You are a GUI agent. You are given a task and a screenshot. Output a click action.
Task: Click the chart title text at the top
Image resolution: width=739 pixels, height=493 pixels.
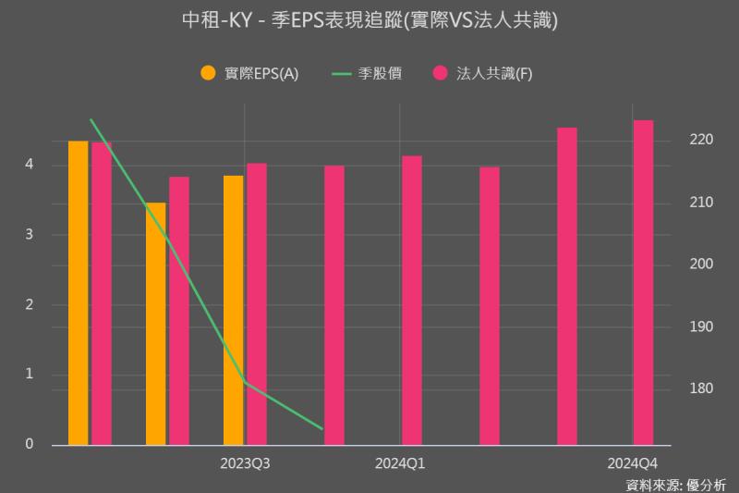(x=369, y=20)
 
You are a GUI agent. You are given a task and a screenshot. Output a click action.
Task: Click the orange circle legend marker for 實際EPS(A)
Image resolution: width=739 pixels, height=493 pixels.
(x=208, y=73)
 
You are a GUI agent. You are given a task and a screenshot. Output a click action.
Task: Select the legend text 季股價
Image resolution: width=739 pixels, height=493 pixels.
(x=380, y=73)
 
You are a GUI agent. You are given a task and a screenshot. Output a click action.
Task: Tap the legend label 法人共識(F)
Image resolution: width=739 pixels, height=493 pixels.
(x=494, y=73)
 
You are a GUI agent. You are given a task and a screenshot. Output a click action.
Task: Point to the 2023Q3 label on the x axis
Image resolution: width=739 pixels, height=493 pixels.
(x=245, y=462)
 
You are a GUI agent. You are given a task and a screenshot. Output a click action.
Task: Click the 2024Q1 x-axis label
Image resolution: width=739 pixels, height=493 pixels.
(x=399, y=462)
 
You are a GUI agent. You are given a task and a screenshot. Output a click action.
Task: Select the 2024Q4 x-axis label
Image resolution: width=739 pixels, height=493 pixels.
(x=633, y=462)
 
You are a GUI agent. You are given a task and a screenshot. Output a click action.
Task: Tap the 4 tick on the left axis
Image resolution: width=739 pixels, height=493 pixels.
(x=30, y=165)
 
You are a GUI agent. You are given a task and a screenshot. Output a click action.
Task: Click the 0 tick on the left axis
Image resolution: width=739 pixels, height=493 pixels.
(x=30, y=445)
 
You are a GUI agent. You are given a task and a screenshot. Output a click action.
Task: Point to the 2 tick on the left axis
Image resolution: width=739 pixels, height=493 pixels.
(x=30, y=304)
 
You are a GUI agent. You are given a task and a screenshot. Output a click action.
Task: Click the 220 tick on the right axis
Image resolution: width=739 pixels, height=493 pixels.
(x=700, y=140)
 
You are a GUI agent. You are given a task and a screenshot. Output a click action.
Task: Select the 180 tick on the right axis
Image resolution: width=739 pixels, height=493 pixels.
(x=700, y=388)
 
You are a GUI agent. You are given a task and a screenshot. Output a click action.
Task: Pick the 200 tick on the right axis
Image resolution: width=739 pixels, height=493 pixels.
(x=700, y=265)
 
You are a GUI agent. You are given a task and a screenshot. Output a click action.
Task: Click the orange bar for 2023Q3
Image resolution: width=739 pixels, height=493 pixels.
(x=233, y=310)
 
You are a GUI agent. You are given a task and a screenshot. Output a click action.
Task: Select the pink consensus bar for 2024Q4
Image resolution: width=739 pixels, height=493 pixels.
(x=643, y=282)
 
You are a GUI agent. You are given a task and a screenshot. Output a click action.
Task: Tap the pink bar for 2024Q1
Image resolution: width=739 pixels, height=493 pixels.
(x=411, y=301)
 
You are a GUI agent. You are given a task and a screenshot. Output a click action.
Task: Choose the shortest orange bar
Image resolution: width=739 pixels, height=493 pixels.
(x=155, y=324)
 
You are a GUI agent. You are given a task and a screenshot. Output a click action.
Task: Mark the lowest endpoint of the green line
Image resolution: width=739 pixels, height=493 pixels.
(x=322, y=429)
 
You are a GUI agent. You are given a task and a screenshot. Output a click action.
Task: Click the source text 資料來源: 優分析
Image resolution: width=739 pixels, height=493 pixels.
(x=676, y=484)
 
